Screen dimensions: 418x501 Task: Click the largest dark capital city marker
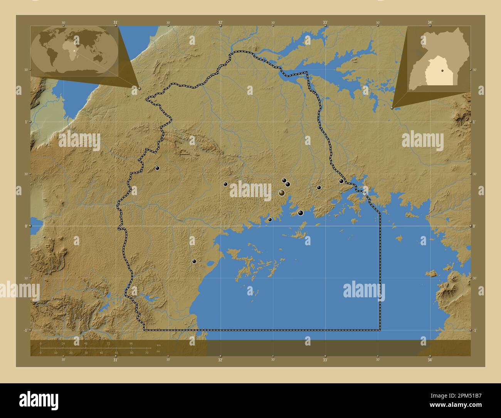(x=282, y=193)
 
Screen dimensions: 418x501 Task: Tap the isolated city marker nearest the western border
(x=157, y=168)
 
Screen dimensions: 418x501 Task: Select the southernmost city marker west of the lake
(x=194, y=261)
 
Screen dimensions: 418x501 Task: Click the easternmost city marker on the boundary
(x=341, y=181)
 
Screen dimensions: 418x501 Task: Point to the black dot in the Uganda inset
(x=442, y=71)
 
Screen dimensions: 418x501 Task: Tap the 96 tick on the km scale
(x=131, y=343)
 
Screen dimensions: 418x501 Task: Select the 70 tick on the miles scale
(x=147, y=352)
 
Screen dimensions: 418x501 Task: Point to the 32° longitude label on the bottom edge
(x=220, y=360)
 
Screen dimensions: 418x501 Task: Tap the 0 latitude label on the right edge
(x=474, y=226)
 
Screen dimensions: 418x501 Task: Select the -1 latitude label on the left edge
(x=25, y=330)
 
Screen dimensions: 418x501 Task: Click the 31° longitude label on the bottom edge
(x=115, y=360)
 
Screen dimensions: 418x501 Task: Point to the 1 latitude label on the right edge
(x=474, y=122)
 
